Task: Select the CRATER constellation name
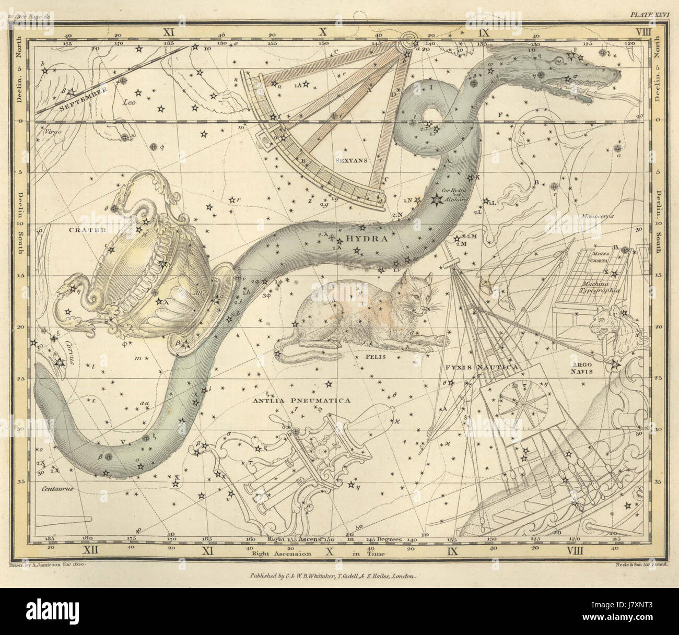pos(87,230)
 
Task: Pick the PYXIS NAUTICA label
pos(481,368)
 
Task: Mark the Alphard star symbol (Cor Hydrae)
pos(435,199)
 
